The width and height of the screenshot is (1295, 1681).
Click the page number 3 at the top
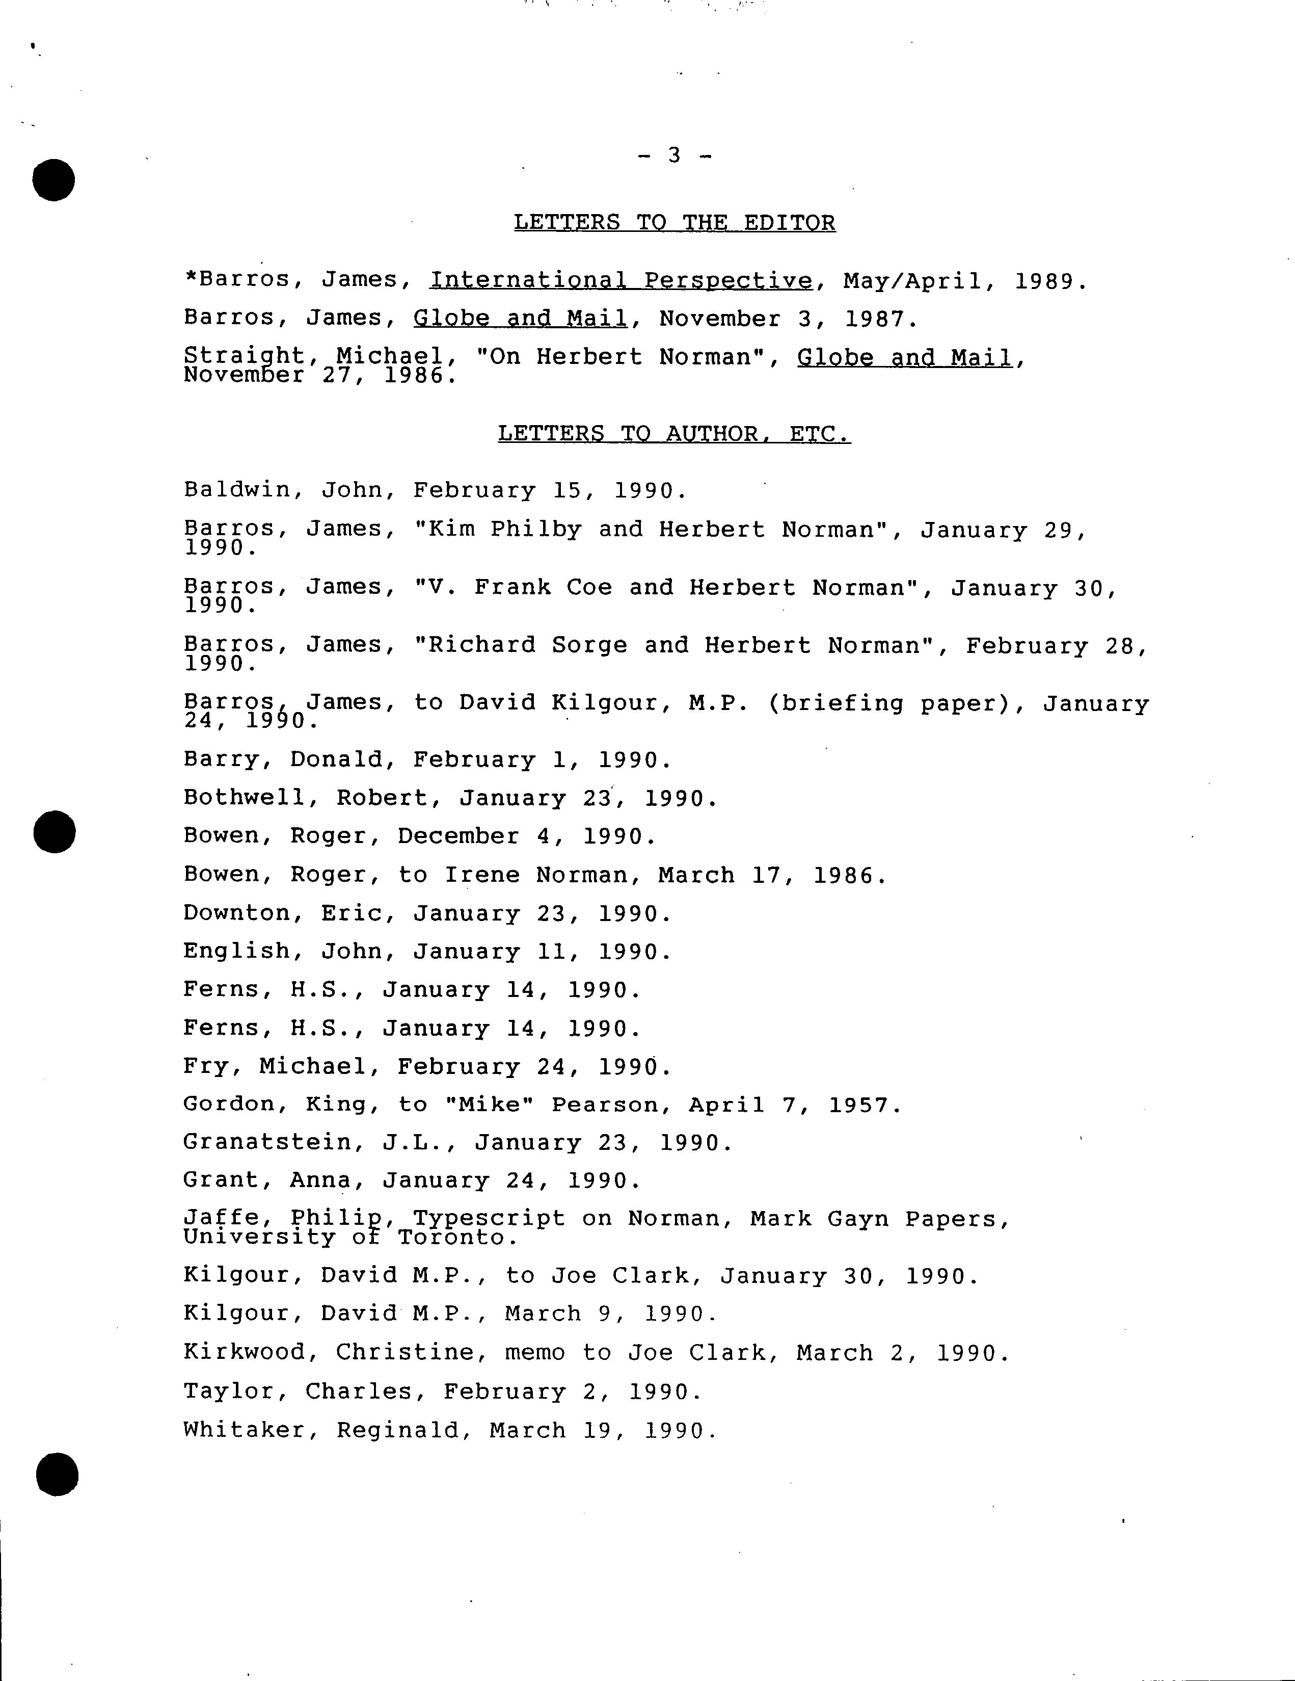(674, 155)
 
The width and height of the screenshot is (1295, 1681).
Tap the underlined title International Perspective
(621, 280)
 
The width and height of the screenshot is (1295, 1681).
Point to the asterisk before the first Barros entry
(191, 277)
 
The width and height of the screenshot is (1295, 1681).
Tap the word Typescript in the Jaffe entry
(489, 1218)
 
